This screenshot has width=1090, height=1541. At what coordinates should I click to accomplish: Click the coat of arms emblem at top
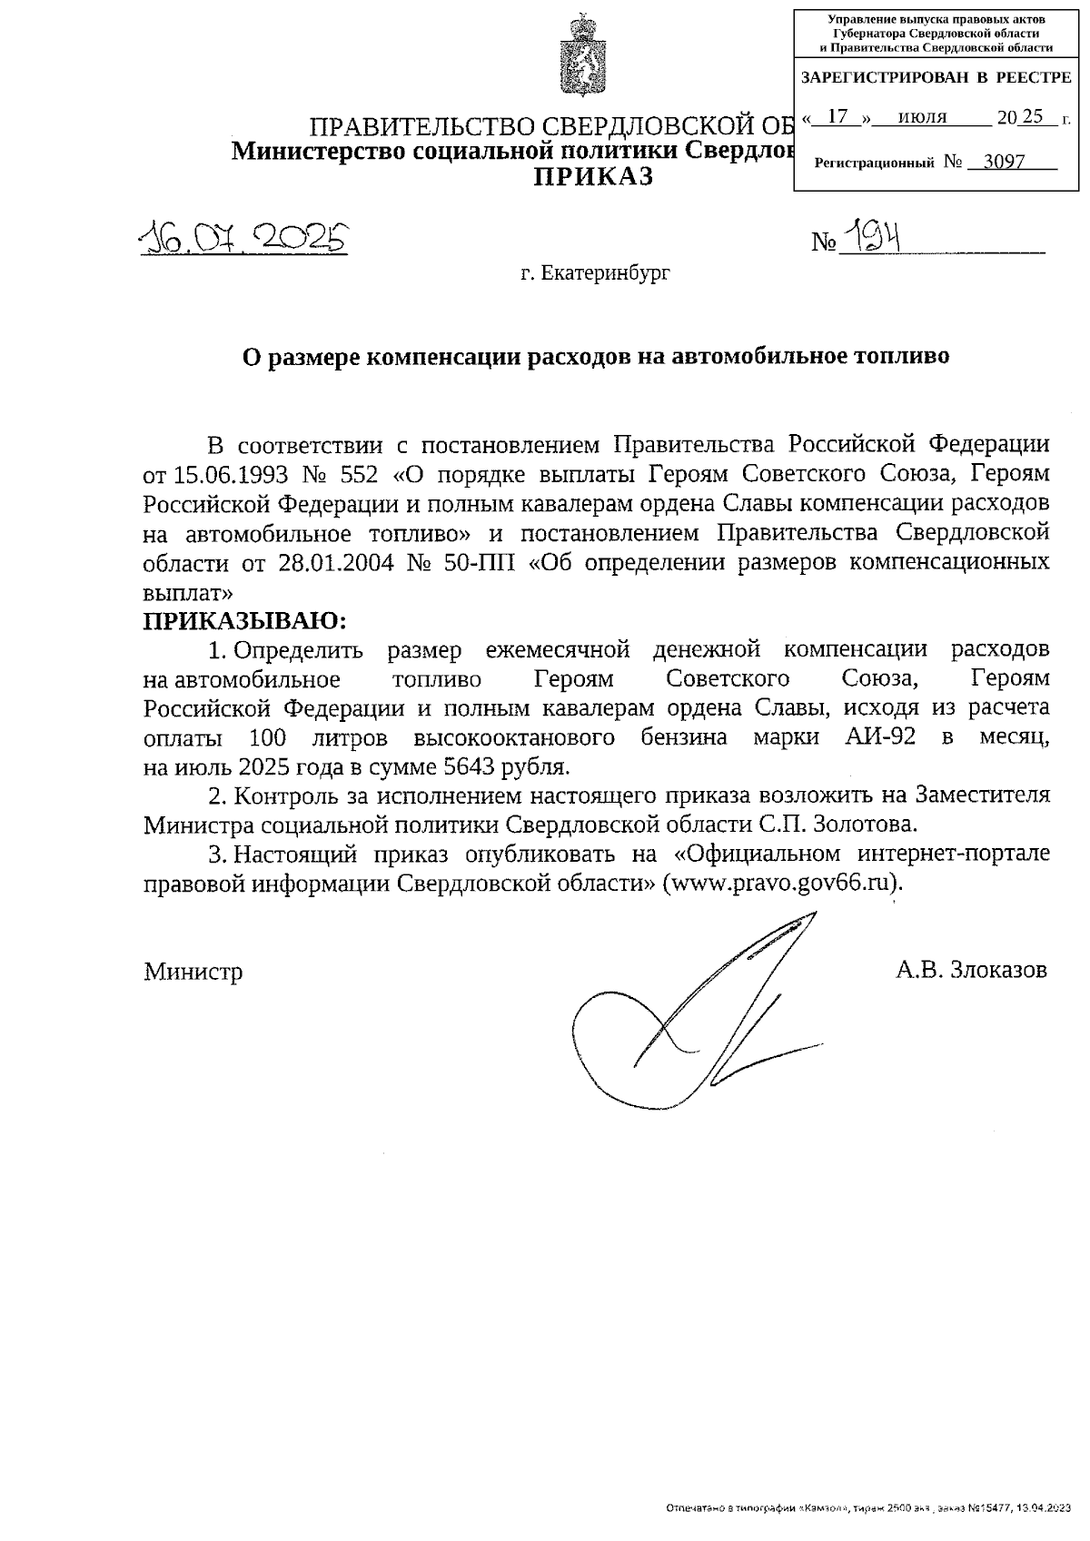point(578,57)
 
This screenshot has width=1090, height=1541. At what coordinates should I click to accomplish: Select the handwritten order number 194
point(871,238)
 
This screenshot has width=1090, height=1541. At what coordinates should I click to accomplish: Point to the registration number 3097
point(1005,163)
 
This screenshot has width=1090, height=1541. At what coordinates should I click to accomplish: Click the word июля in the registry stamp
point(922,117)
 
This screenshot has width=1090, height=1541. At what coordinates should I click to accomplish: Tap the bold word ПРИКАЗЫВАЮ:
point(245,622)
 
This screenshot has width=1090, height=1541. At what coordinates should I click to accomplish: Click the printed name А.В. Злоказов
point(971,970)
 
